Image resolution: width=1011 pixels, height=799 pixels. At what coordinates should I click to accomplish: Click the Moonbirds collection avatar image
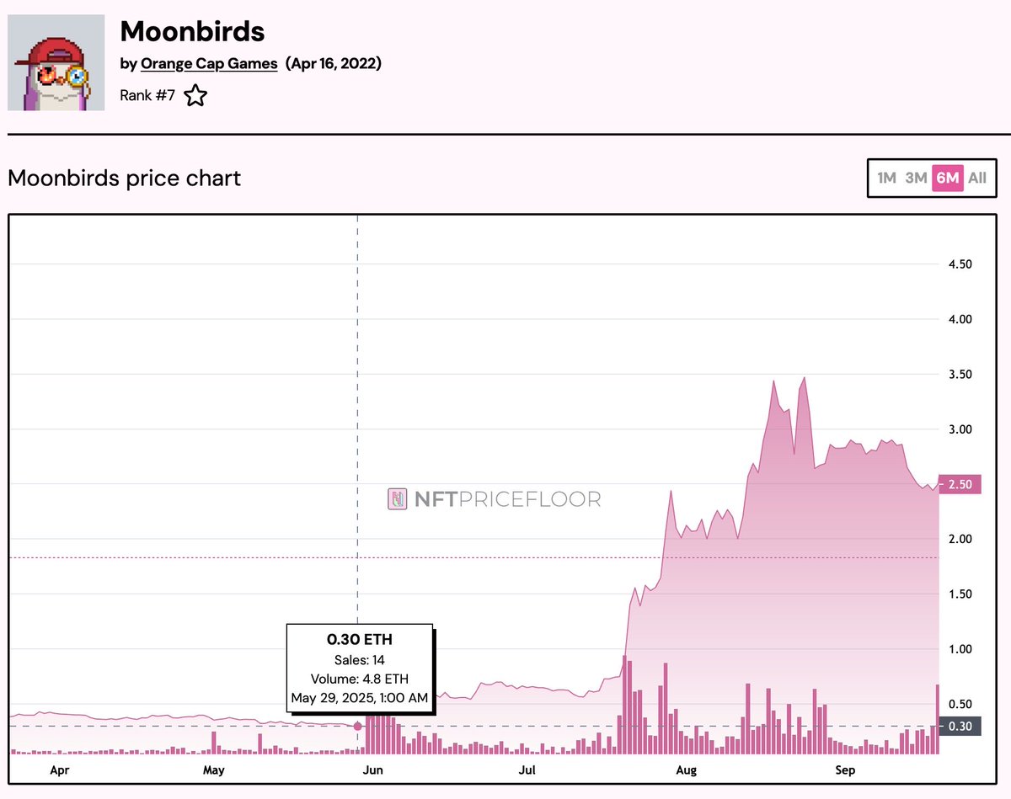click(x=56, y=62)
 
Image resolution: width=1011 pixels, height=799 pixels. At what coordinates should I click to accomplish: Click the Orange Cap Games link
click(x=209, y=64)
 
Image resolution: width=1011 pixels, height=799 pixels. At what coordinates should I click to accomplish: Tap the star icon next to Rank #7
click(x=195, y=95)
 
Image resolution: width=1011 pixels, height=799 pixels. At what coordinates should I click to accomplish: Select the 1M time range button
click(x=886, y=178)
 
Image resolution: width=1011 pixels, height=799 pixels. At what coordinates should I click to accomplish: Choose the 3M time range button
click(x=916, y=178)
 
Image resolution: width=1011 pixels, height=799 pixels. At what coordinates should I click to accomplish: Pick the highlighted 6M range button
click(x=948, y=178)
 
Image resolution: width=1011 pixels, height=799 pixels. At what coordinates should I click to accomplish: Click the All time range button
click(x=977, y=178)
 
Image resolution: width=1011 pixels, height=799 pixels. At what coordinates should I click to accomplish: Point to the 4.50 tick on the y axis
click(x=960, y=264)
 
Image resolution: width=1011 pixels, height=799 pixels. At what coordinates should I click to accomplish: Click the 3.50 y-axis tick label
click(x=960, y=375)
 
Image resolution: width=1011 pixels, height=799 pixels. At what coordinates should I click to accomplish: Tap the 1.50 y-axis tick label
click(x=960, y=594)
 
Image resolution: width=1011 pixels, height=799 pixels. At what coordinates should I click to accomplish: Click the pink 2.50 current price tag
click(x=960, y=485)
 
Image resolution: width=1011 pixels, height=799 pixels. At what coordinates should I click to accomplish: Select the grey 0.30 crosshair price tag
click(x=960, y=727)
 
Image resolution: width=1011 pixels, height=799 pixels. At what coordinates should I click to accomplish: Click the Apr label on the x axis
click(x=59, y=770)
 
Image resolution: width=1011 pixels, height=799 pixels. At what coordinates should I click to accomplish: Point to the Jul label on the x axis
click(x=528, y=770)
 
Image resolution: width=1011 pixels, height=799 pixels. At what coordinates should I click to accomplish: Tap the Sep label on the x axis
click(x=844, y=770)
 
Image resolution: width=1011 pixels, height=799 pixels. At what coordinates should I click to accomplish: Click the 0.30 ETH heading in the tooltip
click(x=360, y=639)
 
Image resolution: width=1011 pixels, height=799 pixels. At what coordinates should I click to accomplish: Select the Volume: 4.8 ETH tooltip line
click(x=360, y=679)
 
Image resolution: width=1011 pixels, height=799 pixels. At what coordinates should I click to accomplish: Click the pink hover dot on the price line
click(x=358, y=726)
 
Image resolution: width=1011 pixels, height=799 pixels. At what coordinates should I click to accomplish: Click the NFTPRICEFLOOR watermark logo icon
click(x=397, y=499)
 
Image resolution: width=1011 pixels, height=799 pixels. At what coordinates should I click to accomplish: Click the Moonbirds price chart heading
click(x=124, y=178)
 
